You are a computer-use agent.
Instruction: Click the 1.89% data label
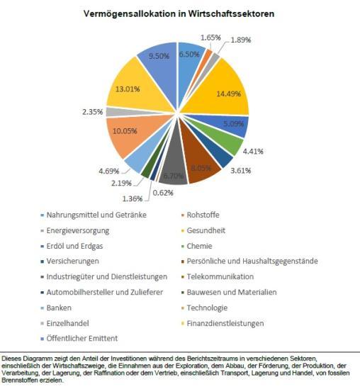point(241,40)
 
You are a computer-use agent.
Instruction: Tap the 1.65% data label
point(210,38)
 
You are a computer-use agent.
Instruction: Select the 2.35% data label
point(93,112)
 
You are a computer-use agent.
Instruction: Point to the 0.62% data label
point(163,193)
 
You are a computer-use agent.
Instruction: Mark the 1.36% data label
point(133,198)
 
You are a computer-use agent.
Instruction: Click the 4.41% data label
point(253,152)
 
